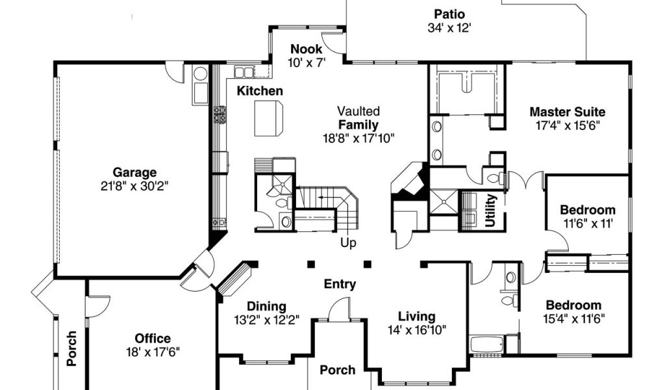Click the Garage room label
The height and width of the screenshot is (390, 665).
click(x=134, y=173)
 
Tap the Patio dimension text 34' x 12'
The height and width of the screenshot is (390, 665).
click(x=449, y=28)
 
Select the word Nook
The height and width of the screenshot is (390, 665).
click(x=307, y=49)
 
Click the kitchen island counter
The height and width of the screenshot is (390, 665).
click(x=268, y=118)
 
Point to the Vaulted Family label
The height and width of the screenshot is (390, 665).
click(x=358, y=118)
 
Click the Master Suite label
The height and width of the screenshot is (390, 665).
click(x=568, y=112)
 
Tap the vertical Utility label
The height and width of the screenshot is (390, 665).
click(x=490, y=211)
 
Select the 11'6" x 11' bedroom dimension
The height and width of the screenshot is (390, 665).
click(x=588, y=223)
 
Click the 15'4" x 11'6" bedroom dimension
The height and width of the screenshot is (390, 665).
click(x=574, y=318)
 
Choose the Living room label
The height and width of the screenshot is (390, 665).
click(x=416, y=317)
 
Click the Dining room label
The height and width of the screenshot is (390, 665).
click(x=266, y=306)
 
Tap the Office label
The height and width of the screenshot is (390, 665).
click(x=153, y=339)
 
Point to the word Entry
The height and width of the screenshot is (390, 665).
click(x=340, y=284)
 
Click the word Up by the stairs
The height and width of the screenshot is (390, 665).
click(x=348, y=243)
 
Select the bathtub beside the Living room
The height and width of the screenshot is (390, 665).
click(x=487, y=344)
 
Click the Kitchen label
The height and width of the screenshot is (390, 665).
click(x=260, y=91)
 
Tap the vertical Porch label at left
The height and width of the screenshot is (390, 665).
click(x=72, y=349)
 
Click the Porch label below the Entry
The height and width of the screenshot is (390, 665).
click(x=338, y=370)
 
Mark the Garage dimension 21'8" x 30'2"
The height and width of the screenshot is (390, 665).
click(x=134, y=186)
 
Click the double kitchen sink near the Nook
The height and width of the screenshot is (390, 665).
click(x=244, y=71)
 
